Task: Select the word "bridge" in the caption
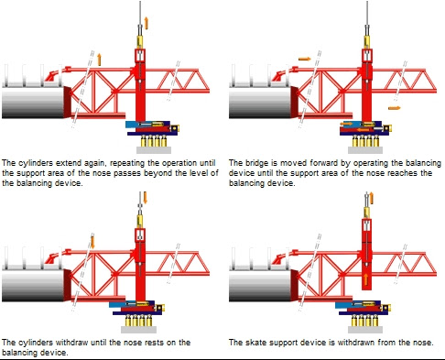(x=257, y=163)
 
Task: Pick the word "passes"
(x=130, y=173)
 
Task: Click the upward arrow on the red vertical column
(x=365, y=279)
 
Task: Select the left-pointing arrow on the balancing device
(x=364, y=130)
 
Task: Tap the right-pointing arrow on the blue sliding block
(x=346, y=124)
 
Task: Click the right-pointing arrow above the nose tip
(x=305, y=59)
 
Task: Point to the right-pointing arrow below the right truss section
(x=395, y=108)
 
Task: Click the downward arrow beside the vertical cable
(x=146, y=198)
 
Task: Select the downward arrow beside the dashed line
(x=92, y=242)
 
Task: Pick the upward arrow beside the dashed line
(x=99, y=60)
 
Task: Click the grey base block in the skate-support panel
(x=365, y=330)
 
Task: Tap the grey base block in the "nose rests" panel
(x=138, y=330)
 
